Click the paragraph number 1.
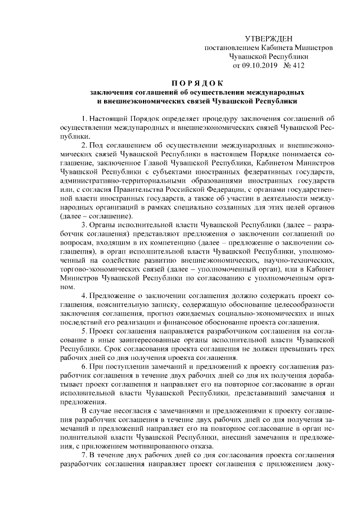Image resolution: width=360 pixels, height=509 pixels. click(x=84, y=118)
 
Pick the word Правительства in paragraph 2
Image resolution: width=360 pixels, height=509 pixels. click(x=155, y=188)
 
